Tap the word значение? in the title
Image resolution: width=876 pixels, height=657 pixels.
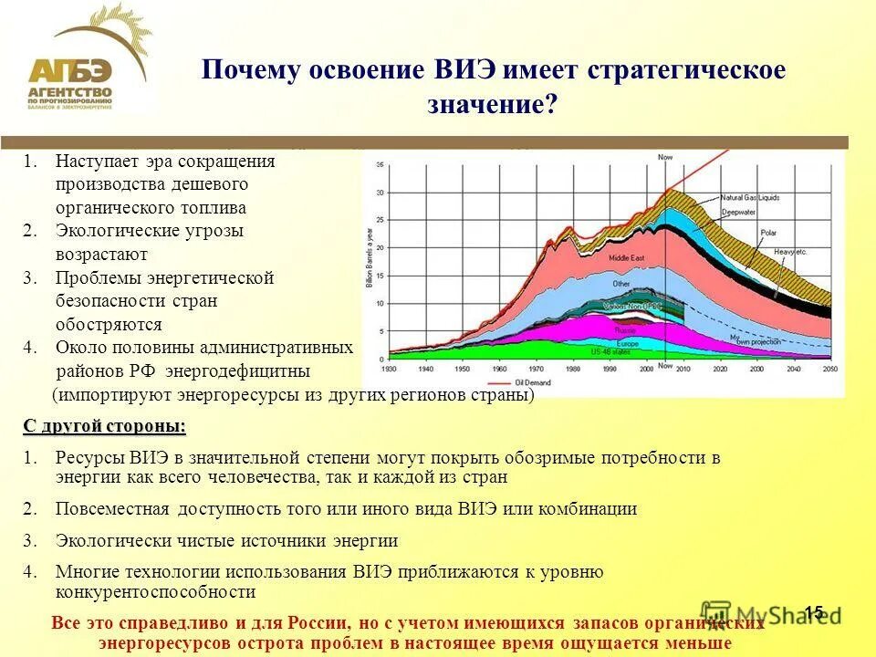pyautogui.click(x=492, y=103)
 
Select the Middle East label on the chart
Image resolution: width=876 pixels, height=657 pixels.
pyautogui.click(x=626, y=259)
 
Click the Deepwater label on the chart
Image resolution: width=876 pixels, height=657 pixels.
pyautogui.click(x=739, y=212)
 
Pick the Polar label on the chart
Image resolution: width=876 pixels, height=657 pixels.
pyautogui.click(x=769, y=232)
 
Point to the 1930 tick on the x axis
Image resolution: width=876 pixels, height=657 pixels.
pyautogui.click(x=390, y=370)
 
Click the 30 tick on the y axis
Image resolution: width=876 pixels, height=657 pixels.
pyautogui.click(x=380, y=193)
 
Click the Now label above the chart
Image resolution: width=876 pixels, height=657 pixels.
pyautogui.click(x=665, y=157)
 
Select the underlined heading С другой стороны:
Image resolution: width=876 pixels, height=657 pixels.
pyautogui.click(x=104, y=426)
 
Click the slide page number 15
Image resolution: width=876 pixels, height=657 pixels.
pyautogui.click(x=814, y=611)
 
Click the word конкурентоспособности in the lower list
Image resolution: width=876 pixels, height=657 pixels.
pyautogui.click(x=155, y=591)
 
